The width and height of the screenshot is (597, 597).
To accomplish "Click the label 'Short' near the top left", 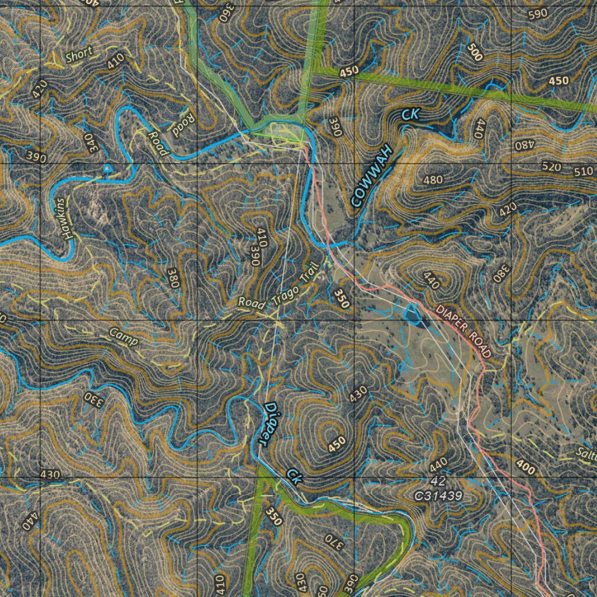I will pyautogui.click(x=79, y=56).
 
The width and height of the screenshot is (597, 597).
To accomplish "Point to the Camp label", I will pyautogui.click(x=124, y=336).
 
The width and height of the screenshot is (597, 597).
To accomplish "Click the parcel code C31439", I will pyautogui.click(x=438, y=496).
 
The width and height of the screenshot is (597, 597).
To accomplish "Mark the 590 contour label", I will pyautogui.click(x=537, y=13).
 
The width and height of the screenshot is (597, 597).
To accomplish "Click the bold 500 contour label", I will pyautogui.click(x=475, y=52).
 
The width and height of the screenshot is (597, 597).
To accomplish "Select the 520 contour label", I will pyautogui.click(x=552, y=168).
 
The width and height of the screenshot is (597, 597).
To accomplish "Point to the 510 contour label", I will pyautogui.click(x=583, y=172).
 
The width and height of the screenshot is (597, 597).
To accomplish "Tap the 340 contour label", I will pyautogui.click(x=90, y=143).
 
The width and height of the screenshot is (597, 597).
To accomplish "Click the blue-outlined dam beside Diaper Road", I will pyautogui.click(x=412, y=313).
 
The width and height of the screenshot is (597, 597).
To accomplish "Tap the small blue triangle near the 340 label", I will pyautogui.click(x=106, y=169).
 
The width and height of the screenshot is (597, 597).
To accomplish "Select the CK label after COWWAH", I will pyautogui.click(x=410, y=115).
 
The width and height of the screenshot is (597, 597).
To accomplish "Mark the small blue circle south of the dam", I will pyautogui.click(x=403, y=367).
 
